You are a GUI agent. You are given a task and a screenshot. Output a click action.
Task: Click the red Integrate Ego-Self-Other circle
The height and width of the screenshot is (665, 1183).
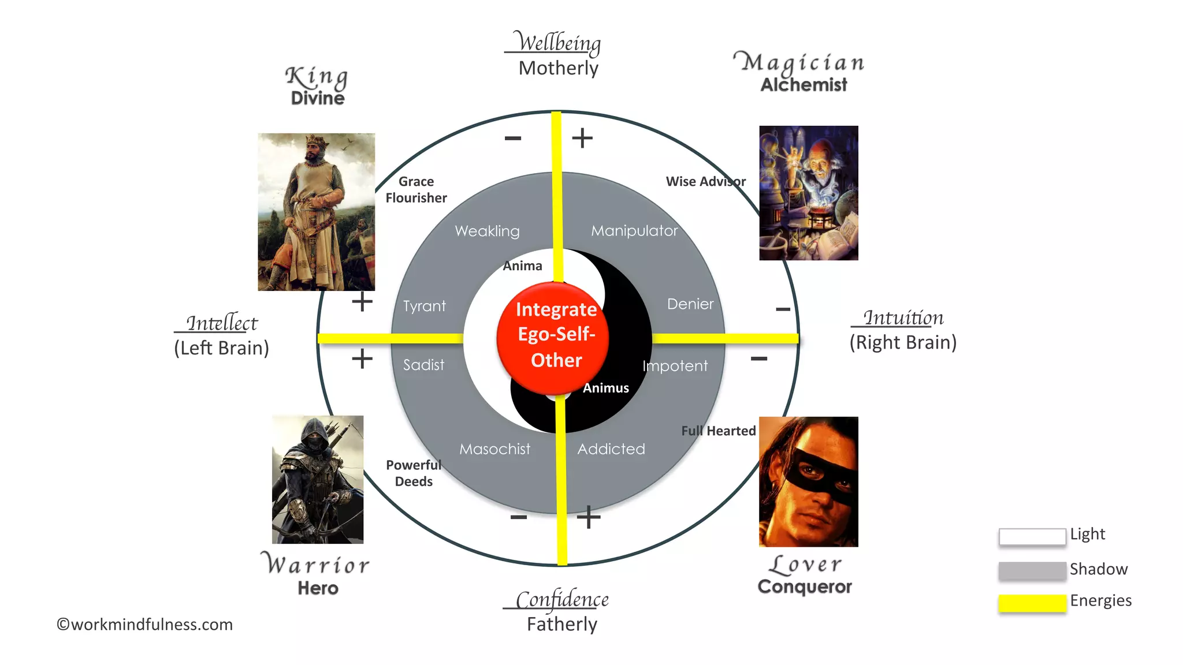554,338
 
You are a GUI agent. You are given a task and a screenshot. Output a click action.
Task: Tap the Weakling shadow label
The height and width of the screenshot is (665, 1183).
487,231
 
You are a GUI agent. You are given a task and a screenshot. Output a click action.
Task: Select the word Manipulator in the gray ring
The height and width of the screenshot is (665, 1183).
634,231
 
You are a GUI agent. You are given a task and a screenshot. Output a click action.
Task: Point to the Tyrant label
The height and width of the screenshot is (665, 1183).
425,306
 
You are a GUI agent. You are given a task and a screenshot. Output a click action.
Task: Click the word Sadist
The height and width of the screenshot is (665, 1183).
424,365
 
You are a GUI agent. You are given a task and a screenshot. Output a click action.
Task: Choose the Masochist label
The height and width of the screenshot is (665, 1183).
494,449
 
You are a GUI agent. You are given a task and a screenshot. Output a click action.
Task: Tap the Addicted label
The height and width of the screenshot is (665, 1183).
611,449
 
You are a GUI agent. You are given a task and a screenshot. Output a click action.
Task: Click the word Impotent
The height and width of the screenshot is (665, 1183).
675,366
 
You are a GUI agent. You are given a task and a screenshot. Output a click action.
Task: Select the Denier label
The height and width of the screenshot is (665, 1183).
690,304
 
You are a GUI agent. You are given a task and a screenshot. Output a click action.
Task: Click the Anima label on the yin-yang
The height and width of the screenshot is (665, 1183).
522,266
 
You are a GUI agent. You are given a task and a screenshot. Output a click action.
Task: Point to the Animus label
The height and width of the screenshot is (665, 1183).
605,388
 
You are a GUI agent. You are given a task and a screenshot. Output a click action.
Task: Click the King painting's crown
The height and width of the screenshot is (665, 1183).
316,140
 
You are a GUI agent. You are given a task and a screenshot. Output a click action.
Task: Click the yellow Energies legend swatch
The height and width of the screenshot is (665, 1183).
1032,603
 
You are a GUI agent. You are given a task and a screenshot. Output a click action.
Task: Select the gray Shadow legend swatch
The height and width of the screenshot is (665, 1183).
1032,570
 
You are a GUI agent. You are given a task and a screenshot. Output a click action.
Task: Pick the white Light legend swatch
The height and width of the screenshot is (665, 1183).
1032,537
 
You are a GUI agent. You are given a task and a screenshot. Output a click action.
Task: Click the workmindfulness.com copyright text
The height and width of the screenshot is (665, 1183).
144,625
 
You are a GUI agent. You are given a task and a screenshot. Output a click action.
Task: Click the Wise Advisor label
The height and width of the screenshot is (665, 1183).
705,182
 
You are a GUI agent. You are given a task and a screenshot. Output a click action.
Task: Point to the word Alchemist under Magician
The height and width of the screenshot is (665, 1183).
803,85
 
